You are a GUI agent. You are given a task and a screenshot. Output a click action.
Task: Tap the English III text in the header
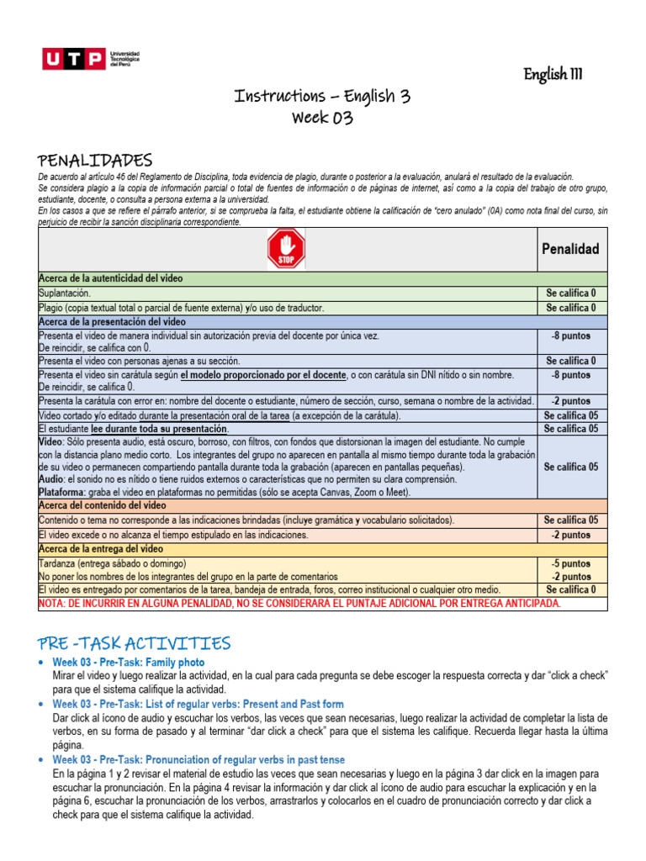(x=553, y=75)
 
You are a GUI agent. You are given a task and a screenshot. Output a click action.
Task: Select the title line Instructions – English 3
(x=322, y=96)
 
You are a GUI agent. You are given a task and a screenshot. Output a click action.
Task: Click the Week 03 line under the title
(x=322, y=118)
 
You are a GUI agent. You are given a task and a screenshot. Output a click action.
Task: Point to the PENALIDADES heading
(x=95, y=160)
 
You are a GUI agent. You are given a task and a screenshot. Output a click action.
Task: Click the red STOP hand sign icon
(x=286, y=250)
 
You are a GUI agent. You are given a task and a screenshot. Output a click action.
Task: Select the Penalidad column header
(x=569, y=249)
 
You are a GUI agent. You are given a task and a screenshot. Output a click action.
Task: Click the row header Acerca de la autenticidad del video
(x=111, y=278)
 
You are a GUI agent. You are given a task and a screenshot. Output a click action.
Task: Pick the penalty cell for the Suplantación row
(x=569, y=293)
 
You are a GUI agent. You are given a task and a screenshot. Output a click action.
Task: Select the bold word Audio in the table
(x=52, y=479)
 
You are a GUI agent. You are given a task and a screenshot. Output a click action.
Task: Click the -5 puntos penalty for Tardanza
(x=569, y=563)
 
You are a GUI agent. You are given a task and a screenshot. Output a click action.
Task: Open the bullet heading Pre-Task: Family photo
(x=129, y=663)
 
